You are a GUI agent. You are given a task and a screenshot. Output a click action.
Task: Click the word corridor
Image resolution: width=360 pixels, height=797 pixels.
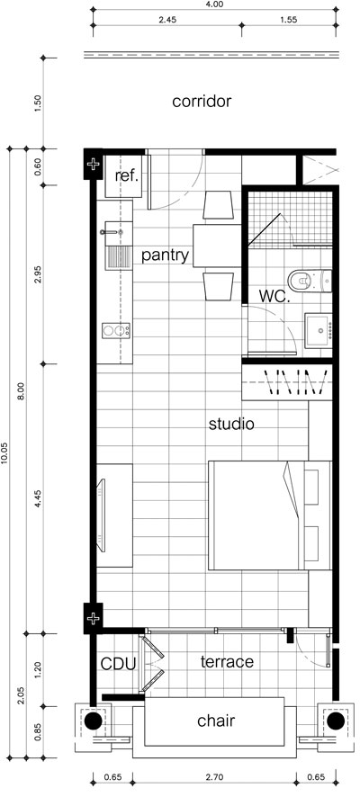pos(202,101)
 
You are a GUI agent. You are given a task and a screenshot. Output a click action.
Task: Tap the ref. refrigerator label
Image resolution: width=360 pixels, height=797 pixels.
pos(127,176)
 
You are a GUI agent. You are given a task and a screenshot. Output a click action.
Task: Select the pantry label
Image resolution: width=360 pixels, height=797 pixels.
pos(165,255)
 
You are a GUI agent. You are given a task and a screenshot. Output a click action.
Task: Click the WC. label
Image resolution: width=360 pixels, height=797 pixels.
pos(274,296)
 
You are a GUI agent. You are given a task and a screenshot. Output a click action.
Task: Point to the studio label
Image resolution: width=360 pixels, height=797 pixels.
pos(231,424)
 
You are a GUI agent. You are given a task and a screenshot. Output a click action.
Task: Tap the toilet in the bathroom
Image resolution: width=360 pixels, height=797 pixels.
pos(310,279)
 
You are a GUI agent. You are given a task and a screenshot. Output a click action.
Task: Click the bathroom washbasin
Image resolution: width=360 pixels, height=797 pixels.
pos(319,331)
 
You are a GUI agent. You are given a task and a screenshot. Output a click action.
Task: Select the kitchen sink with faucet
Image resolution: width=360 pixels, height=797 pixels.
pos(116,246)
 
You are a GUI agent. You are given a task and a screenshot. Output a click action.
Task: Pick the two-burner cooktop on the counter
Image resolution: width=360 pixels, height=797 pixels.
pos(116,331)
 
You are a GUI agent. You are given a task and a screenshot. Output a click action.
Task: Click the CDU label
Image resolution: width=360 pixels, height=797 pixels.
pos(118,664)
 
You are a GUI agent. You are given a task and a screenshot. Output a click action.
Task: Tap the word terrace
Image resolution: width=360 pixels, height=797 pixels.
pos(227,662)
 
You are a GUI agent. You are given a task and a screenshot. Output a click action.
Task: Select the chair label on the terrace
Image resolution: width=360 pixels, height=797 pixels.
pos(216,721)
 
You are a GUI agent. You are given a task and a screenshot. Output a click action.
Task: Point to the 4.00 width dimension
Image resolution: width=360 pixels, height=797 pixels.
pos(213,4)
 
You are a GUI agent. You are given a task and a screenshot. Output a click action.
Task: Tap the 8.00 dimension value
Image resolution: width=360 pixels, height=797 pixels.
pos(22,392)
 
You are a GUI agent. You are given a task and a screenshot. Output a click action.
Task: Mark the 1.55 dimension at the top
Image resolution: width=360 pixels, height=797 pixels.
pos(288,21)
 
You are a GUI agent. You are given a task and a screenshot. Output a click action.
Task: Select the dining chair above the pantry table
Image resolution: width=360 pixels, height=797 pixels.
pos(218,205)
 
